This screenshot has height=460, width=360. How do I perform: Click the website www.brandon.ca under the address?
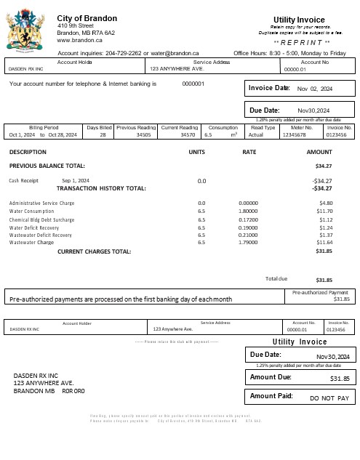click(x=79, y=41)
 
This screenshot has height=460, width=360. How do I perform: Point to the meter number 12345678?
click(x=295, y=135)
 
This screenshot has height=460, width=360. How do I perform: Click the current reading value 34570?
click(x=188, y=135)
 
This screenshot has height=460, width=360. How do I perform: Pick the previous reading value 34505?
click(x=143, y=135)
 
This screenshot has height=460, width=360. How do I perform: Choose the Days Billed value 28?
click(x=103, y=135)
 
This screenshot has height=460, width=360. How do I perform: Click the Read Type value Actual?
click(x=256, y=135)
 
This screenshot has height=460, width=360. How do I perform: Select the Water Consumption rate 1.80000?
click(x=249, y=211)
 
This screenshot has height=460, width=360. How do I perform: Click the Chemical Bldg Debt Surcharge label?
click(x=41, y=219)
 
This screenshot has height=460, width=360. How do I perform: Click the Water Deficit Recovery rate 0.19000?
click(x=249, y=227)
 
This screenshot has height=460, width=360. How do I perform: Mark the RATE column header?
click(x=249, y=152)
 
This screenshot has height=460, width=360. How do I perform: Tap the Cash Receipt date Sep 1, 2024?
click(x=76, y=180)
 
